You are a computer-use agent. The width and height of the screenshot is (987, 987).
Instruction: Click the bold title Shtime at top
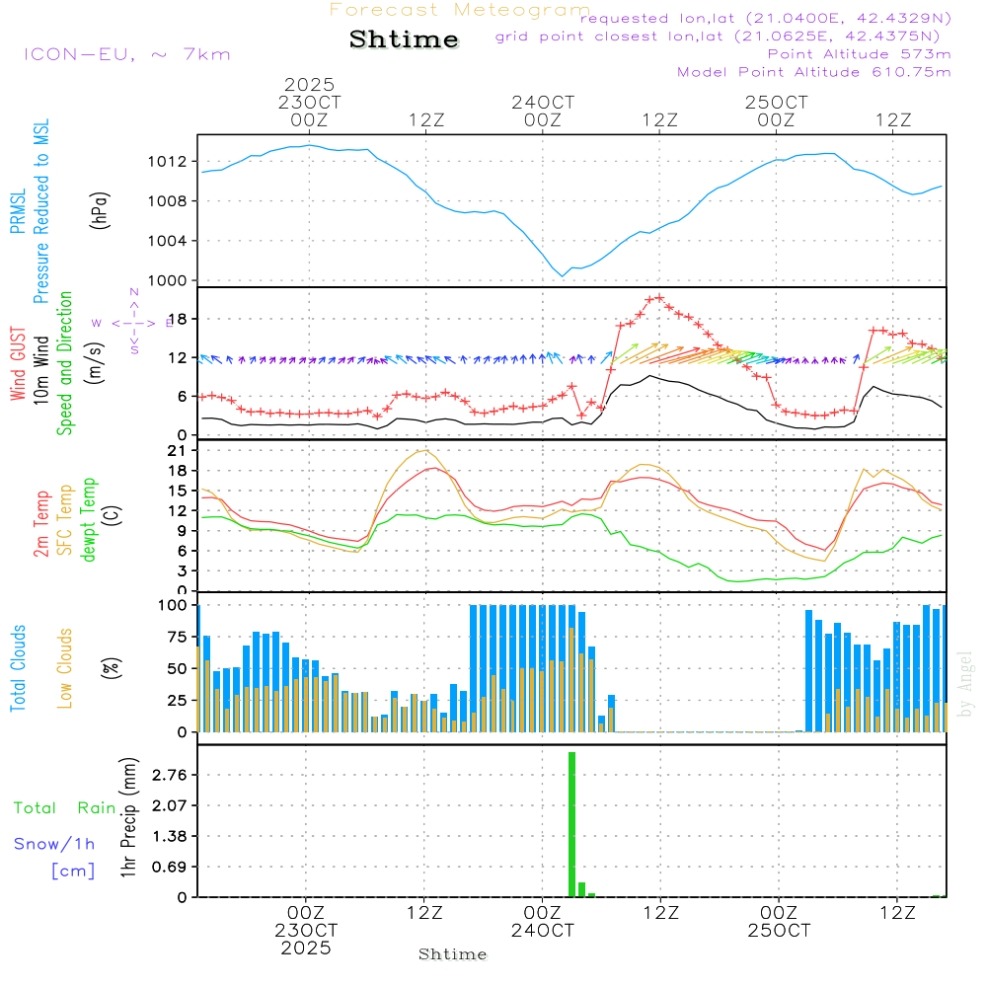[404, 40]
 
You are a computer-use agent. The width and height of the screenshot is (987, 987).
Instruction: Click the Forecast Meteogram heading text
[460, 10]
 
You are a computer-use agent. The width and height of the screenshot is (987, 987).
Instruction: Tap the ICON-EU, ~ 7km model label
[126, 54]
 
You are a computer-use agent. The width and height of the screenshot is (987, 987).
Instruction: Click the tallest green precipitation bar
[571, 824]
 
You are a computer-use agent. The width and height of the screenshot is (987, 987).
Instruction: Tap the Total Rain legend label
[64, 808]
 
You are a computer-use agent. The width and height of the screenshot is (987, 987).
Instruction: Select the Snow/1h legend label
[54, 844]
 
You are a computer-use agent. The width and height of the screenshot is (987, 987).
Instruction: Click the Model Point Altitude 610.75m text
[813, 72]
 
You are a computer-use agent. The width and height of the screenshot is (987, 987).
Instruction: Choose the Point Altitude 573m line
[859, 54]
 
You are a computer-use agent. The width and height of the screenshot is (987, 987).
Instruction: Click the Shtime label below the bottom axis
[453, 954]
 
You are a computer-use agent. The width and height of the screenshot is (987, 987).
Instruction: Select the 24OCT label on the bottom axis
[542, 931]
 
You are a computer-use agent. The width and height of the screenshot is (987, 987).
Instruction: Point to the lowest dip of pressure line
[563, 275]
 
